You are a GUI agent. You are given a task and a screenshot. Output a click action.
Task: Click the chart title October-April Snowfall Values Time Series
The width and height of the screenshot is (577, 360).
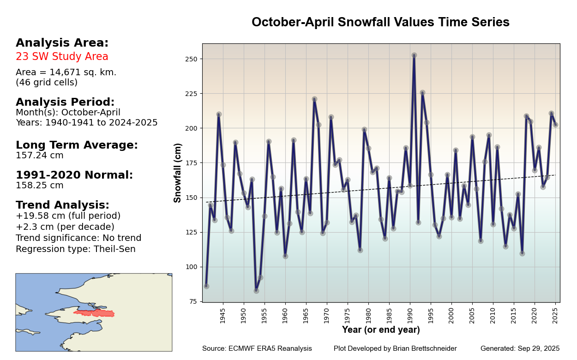point(380,22)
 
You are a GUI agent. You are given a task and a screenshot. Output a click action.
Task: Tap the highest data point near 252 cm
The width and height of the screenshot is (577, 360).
point(414,55)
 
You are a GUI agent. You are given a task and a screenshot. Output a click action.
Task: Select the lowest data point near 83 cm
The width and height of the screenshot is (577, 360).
point(256,291)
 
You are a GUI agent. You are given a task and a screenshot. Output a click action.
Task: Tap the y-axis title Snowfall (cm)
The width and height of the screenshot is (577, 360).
point(178,173)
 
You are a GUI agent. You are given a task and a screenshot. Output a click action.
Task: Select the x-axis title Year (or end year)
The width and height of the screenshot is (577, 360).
point(381,330)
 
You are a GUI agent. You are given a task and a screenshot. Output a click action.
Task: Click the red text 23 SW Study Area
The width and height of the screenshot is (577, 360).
point(62,57)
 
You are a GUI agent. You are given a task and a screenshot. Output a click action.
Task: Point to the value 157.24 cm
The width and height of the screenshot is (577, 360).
point(40,156)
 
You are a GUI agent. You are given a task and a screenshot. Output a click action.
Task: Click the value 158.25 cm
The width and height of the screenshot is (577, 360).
point(40,186)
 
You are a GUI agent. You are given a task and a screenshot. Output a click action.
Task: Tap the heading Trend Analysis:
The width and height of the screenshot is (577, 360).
point(62,205)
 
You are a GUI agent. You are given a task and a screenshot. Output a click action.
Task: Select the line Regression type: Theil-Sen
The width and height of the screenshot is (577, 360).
point(76,249)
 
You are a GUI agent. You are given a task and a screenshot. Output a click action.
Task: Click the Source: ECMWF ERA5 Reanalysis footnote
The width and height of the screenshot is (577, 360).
point(257,348)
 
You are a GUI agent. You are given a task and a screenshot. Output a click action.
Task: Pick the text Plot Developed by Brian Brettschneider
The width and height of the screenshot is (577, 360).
point(395,348)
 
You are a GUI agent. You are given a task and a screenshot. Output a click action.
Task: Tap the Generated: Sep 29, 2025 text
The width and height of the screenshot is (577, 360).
point(520,348)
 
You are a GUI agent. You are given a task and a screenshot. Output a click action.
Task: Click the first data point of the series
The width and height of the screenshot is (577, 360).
point(206,286)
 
